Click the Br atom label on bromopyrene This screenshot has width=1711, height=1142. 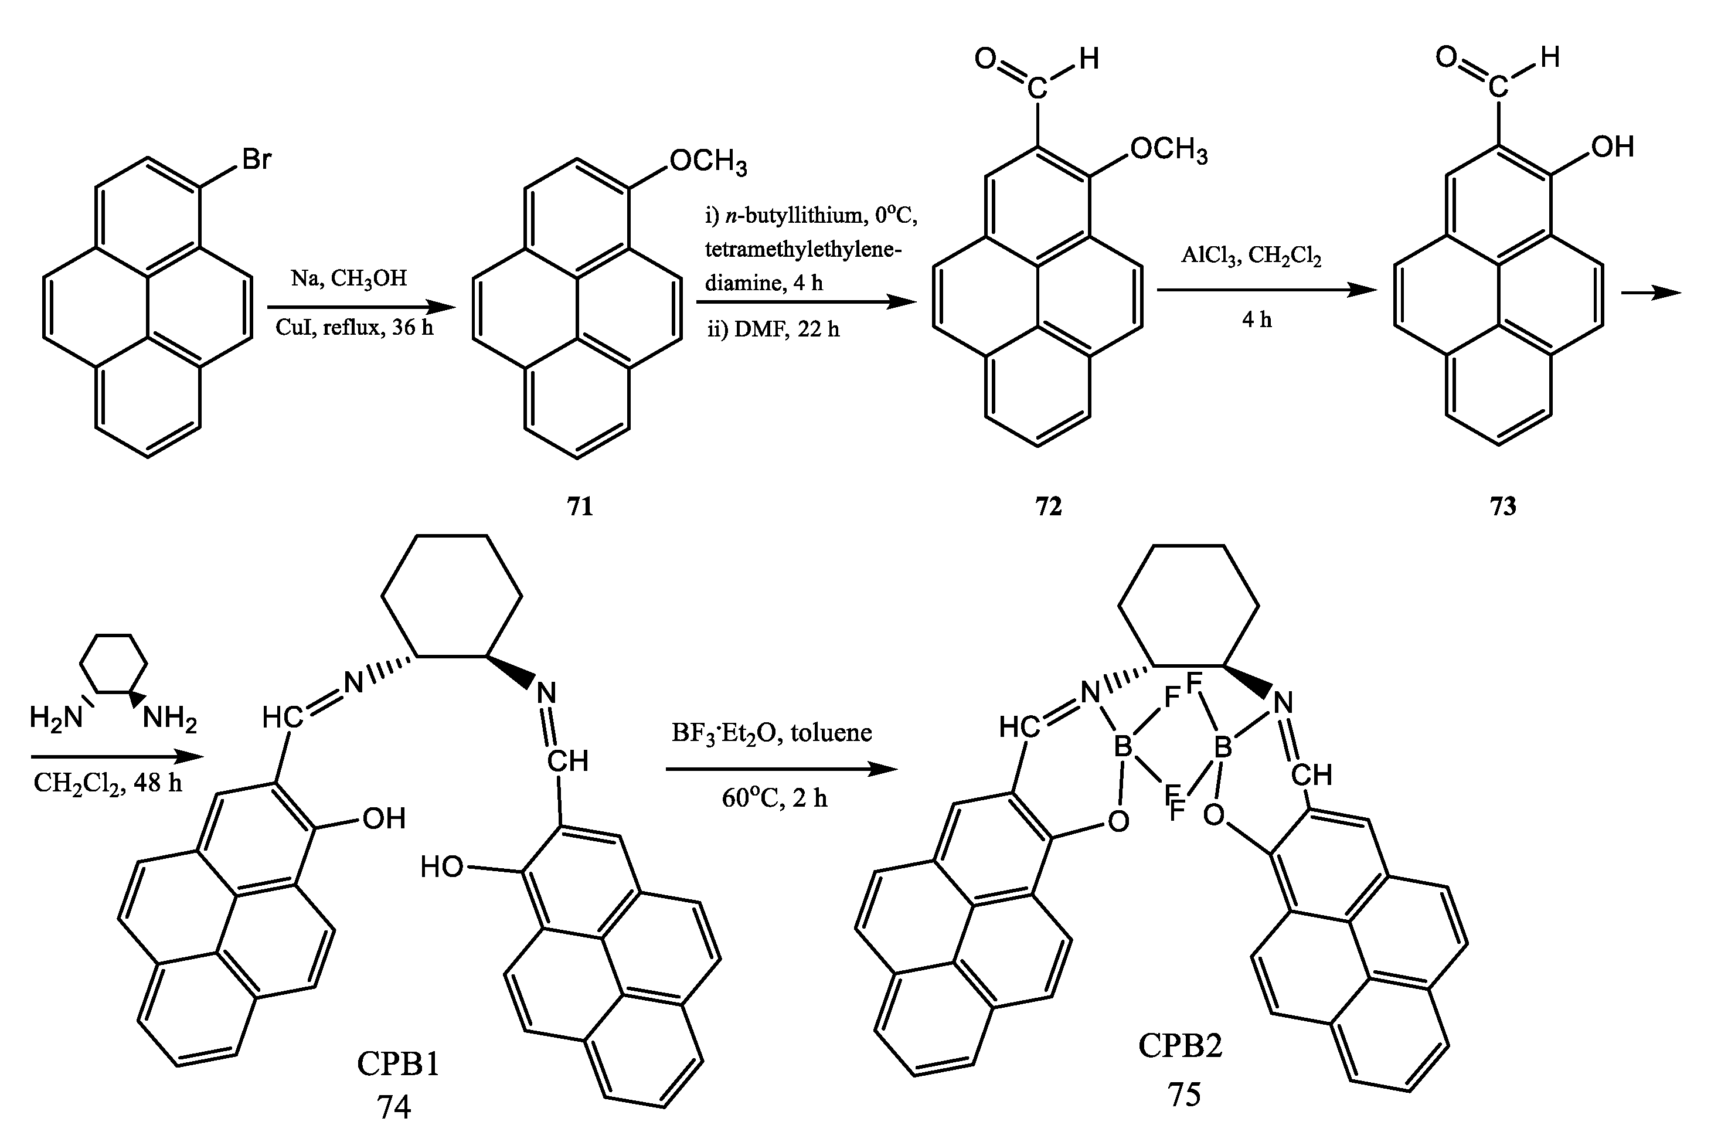click(x=257, y=159)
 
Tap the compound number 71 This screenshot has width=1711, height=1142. click(x=580, y=505)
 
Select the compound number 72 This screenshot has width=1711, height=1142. click(x=1049, y=505)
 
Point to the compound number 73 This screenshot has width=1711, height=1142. click(x=1503, y=505)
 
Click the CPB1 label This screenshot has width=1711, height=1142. click(x=398, y=1064)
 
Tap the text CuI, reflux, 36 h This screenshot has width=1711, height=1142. click(x=354, y=328)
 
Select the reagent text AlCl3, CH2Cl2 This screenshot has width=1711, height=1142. click(x=1251, y=256)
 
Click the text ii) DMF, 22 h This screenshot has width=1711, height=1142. click(x=773, y=330)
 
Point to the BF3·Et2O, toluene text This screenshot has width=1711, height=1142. click(x=772, y=732)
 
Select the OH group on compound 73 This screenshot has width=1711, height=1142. click(x=1612, y=147)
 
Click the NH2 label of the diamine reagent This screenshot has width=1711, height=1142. click(x=169, y=718)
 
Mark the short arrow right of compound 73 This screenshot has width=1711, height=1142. click(x=1651, y=293)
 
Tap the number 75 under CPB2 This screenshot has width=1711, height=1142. click(x=1184, y=1095)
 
